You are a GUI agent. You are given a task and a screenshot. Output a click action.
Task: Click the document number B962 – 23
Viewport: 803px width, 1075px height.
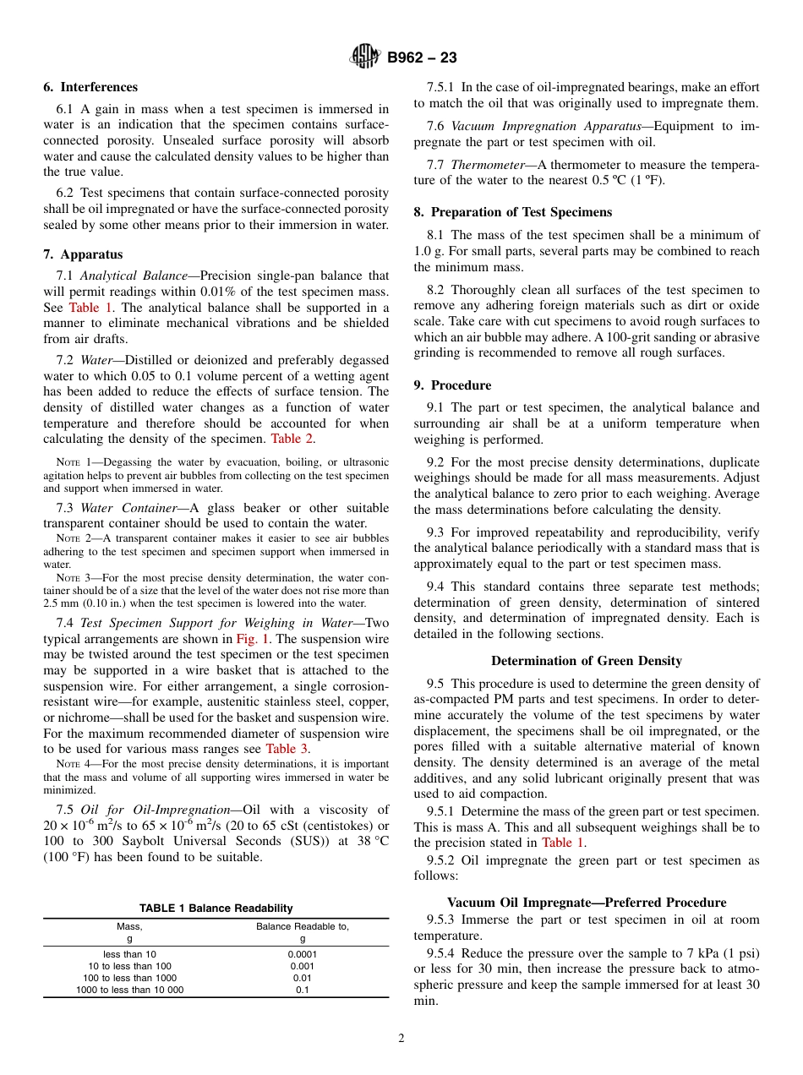[422, 58]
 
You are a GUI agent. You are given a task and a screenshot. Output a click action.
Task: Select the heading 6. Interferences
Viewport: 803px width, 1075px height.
[90, 87]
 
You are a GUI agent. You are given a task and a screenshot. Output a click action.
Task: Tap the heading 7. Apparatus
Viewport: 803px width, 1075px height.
[83, 254]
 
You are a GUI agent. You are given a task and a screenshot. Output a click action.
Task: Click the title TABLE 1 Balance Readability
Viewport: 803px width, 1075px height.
[216, 909]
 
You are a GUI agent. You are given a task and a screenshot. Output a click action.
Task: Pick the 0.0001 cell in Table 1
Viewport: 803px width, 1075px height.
[303, 954]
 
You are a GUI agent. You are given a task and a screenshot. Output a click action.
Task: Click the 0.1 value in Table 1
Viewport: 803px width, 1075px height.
[303, 990]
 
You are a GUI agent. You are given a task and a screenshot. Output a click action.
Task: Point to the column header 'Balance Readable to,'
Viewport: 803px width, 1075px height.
[303, 926]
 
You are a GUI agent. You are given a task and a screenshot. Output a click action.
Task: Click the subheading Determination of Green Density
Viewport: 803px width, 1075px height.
[587, 661]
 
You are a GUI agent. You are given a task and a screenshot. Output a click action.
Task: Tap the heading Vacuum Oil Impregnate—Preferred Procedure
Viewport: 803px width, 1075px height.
[587, 903]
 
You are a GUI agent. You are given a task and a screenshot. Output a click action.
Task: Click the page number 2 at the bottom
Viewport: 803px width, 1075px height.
[401, 1039]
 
